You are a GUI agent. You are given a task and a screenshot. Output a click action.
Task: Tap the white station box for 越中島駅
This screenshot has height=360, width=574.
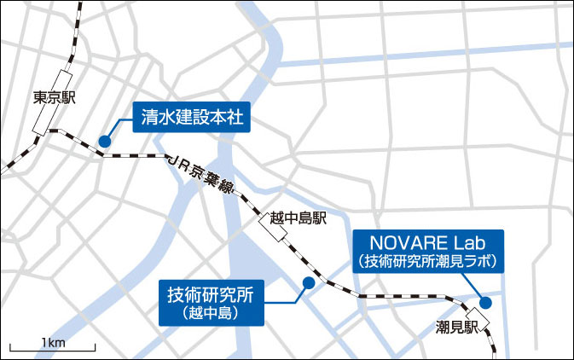(270, 229)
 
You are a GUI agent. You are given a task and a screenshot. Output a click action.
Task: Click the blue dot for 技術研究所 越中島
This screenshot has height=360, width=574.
(308, 282)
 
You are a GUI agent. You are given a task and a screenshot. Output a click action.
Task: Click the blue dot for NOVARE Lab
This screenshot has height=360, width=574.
(484, 301)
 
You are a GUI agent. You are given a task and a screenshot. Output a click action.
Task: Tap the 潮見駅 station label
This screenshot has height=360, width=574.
(454, 327)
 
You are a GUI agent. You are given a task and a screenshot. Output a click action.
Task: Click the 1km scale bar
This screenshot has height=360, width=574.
(52, 348)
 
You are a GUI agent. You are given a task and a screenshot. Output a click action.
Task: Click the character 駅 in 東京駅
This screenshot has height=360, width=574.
(69, 97)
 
